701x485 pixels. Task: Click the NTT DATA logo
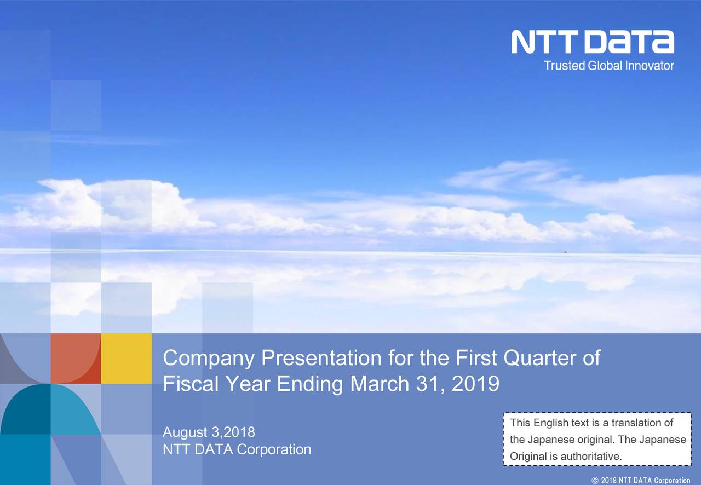tap(593, 42)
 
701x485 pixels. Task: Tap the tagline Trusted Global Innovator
tap(609, 66)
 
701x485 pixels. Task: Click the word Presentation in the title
tap(321, 357)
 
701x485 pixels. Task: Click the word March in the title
tap(380, 384)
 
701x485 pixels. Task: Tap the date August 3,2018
tap(209, 432)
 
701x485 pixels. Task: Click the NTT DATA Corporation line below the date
tap(237, 449)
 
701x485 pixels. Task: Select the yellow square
tap(127, 358)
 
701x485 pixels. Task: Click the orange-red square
tap(76, 358)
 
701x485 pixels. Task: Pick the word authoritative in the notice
tap(591, 456)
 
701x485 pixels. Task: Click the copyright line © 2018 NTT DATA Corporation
tap(641, 480)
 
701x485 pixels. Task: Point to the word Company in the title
tap(209, 359)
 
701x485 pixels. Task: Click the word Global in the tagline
tap(605, 66)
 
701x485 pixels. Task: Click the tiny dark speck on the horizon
tap(566, 251)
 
